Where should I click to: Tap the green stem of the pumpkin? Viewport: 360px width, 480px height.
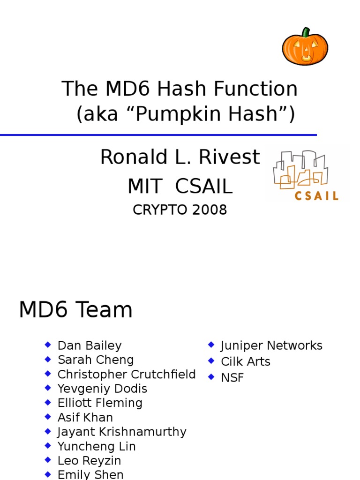pos(306,32)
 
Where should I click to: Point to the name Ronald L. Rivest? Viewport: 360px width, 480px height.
pos(180,157)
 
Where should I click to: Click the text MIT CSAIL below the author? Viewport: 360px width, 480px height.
pos(180,187)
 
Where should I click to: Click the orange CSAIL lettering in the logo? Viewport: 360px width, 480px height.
pos(316,195)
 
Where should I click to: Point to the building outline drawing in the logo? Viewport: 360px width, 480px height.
pos(300,169)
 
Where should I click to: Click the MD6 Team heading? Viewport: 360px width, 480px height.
pos(75,310)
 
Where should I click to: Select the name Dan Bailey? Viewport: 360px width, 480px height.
pos(90,345)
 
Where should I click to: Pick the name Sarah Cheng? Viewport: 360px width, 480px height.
pos(96,360)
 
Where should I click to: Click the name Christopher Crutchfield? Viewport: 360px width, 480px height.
pos(127,375)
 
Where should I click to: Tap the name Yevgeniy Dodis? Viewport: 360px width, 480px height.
pos(102,389)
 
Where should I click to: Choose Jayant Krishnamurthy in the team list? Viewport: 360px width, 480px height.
pos(122,432)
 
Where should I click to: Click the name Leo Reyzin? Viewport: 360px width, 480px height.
pos(89,460)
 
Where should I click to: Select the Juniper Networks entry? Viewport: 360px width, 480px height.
pos(271,345)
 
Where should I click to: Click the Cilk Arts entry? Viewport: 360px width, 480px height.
pos(246,361)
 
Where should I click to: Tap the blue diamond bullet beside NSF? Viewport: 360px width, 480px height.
pos(211,376)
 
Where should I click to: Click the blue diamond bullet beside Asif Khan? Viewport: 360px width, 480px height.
pos(47,416)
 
